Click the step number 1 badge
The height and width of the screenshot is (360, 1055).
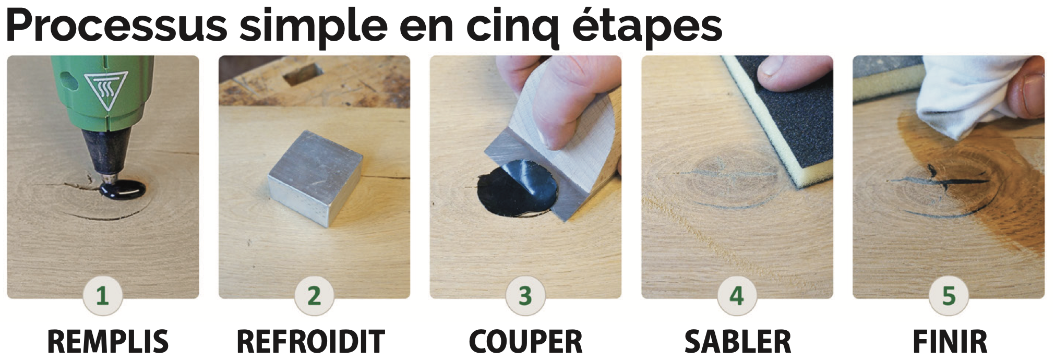[102, 295]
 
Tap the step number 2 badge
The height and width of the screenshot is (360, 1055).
[314, 295]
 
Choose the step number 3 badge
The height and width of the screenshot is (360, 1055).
[525, 295]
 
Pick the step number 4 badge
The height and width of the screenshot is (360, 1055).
[737, 295]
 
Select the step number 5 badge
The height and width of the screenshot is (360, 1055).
[949, 295]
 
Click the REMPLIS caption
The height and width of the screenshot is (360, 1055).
[108, 342]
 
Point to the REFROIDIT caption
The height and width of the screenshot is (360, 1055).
[310, 342]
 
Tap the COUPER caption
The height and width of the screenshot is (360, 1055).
[525, 342]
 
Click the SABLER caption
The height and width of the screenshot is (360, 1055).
[738, 342]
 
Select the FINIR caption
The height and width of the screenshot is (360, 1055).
[950, 342]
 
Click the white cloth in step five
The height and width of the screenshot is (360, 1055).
[968, 97]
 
